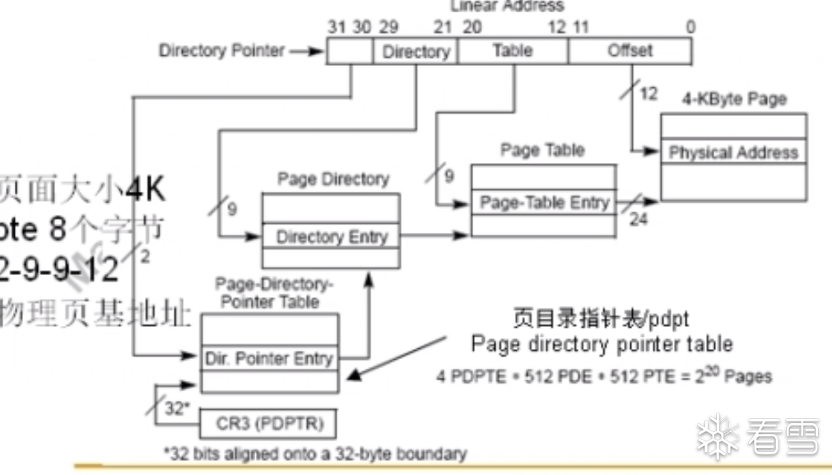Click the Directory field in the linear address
416,52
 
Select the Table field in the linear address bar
512,51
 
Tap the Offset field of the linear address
630,51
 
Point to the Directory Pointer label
221,51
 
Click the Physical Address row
733,152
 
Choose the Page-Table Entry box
543,203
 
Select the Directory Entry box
331,237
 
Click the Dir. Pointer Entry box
269,358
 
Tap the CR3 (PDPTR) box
268,425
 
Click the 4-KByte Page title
734,100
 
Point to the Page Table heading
542,150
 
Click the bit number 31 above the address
337,27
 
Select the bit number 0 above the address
690,27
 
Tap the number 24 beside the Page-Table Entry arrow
639,220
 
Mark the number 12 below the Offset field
648,93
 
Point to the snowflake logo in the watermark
718,436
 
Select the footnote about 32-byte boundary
315,454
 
